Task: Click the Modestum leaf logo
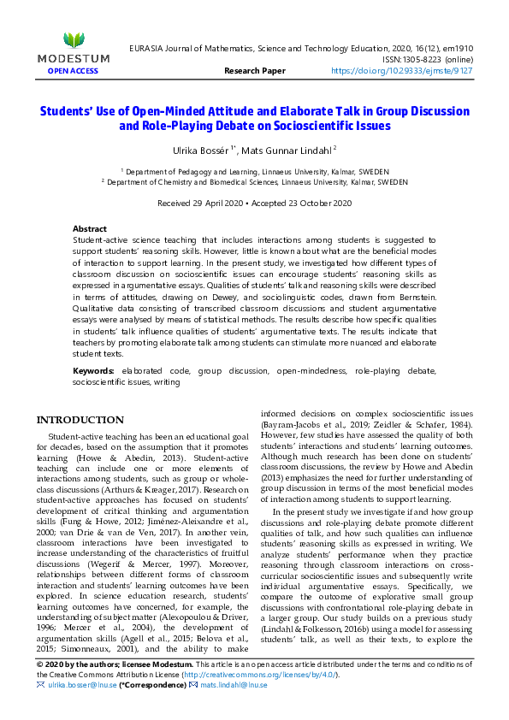coord(74,39)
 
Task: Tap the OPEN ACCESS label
coord(74,72)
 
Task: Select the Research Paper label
coord(254,72)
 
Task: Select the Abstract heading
coord(90,229)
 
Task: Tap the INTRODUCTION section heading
coord(80,420)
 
